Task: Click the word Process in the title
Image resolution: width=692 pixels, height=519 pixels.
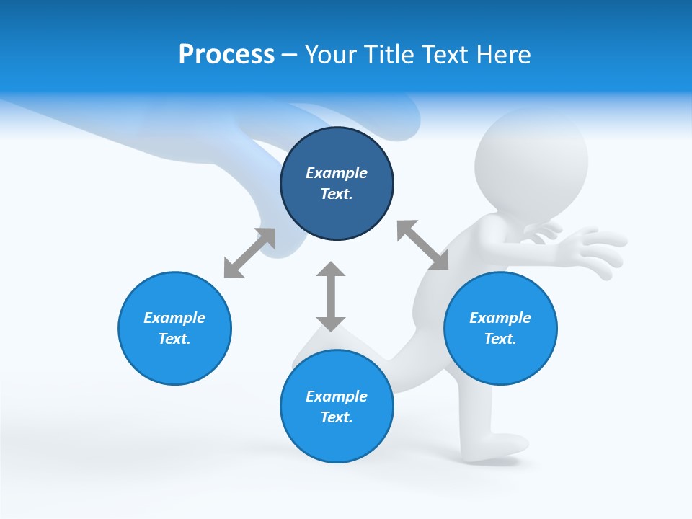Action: coord(226,55)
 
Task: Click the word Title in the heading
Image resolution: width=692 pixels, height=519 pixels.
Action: coord(390,55)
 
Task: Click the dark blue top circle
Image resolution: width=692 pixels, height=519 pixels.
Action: coord(337,184)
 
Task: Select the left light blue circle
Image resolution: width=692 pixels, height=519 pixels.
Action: coord(174,328)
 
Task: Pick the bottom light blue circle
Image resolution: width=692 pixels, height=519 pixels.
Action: coord(337,407)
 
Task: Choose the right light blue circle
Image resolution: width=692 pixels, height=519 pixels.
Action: coord(500,328)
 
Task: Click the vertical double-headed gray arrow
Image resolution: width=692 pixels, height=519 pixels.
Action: coord(331,296)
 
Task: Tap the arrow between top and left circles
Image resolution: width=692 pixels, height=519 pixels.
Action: coord(249,253)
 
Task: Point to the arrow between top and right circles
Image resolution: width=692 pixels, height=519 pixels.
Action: coord(422,245)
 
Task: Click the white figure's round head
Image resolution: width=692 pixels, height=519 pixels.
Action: coord(532,157)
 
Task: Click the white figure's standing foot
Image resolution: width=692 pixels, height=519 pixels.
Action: coord(497,445)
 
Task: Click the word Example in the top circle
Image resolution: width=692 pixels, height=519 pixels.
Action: coord(337,173)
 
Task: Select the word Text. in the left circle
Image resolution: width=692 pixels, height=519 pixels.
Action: coord(174,339)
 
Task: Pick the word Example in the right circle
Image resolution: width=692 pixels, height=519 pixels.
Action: coord(500,318)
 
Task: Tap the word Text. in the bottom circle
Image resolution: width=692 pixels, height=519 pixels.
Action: coord(337,417)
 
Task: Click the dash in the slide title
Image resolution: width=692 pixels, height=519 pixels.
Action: coord(290,55)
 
